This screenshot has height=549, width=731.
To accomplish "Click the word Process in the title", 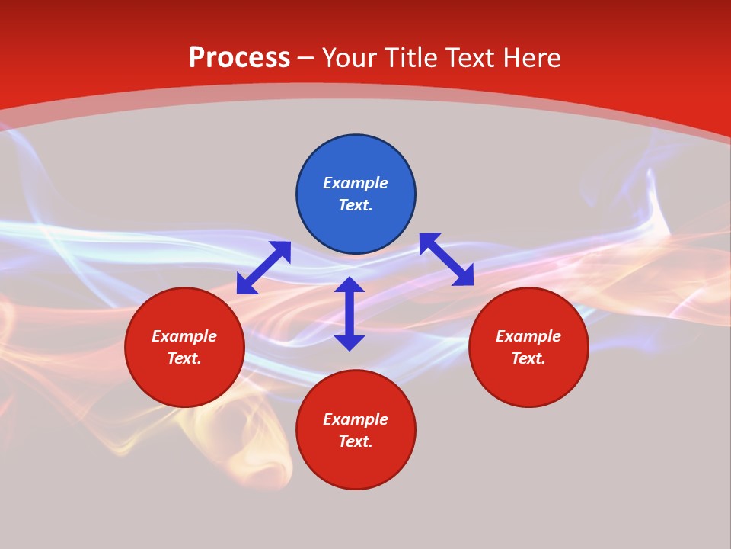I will (239, 58).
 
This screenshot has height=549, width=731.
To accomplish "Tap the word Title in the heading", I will (410, 58).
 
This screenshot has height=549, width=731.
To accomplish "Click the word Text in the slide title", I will (469, 58).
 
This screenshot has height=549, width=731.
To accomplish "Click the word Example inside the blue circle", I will (356, 183).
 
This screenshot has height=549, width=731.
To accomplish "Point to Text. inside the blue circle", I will (356, 205).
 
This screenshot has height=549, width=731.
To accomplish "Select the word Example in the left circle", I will (184, 336).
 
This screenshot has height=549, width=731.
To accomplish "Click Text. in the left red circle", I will (184, 358).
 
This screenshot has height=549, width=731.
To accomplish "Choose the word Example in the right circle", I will (528, 336).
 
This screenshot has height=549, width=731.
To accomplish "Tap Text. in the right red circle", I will (528, 358).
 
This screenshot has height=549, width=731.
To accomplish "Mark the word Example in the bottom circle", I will (356, 419).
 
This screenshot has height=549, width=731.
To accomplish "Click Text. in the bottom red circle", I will (356, 441).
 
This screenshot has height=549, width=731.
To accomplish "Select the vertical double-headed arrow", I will (350, 313).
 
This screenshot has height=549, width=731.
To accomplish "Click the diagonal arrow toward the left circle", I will (263, 268).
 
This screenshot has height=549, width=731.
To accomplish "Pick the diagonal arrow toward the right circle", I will (446, 259).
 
